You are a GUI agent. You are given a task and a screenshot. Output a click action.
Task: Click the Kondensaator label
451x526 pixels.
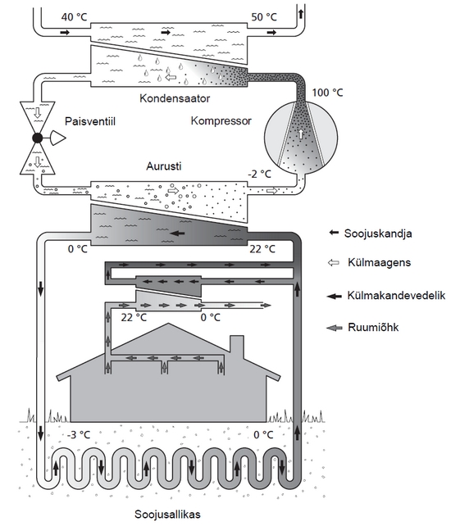click(175, 98)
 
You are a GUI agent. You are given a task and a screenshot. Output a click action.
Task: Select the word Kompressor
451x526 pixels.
click(221, 120)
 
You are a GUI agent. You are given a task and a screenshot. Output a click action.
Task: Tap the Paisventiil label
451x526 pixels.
click(90, 121)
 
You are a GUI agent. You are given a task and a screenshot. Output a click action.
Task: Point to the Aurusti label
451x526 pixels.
click(164, 166)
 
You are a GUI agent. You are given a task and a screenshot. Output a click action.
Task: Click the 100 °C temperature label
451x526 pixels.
click(327, 93)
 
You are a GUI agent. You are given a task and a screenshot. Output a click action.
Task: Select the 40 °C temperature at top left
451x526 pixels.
click(75, 16)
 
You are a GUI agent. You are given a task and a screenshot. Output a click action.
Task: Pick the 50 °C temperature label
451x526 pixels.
click(264, 16)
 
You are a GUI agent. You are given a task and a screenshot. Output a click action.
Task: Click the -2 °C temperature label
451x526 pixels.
click(259, 174)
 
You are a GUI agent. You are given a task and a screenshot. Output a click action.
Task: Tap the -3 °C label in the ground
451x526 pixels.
click(79, 435)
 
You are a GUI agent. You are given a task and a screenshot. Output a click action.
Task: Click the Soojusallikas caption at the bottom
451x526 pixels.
click(167, 515)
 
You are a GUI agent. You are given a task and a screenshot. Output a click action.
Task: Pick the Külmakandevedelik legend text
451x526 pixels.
click(396, 296)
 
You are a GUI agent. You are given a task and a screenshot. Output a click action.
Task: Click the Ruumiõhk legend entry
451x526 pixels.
click(373, 327)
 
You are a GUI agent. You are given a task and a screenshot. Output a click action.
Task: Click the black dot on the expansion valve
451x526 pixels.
click(37, 138)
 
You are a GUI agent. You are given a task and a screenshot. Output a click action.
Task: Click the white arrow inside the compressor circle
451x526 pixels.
click(301, 134)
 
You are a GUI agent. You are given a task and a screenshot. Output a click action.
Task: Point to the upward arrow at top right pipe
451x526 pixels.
click(301, 14)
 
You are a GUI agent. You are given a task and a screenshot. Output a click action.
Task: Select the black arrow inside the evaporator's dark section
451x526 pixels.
click(178, 233)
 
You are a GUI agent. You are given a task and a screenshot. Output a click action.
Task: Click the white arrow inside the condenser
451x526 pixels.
click(171, 78)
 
